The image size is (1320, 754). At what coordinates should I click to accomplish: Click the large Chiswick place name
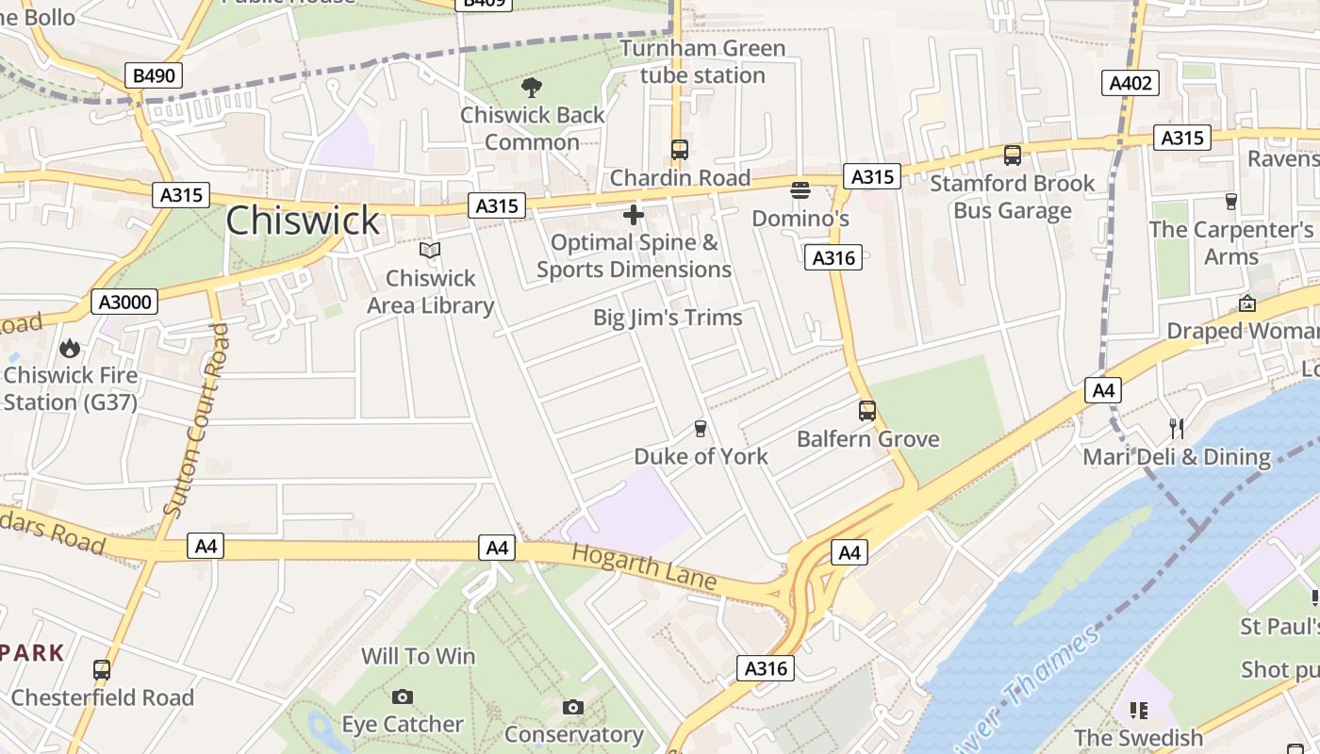tap(303, 221)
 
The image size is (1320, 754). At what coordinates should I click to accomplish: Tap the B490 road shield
tap(153, 75)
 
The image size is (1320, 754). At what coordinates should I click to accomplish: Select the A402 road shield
tap(1130, 83)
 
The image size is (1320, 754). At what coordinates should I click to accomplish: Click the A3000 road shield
tap(124, 302)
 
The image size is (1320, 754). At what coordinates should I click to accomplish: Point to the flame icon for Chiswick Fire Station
tap(70, 348)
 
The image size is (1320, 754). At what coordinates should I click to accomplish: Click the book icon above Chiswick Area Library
tap(430, 251)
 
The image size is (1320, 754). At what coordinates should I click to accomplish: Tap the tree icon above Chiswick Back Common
tap(532, 88)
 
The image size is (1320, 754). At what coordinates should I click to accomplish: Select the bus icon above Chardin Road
tap(679, 149)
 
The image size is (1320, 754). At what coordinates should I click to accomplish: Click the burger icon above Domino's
tap(800, 190)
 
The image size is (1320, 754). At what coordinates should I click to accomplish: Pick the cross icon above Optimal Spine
tap(634, 215)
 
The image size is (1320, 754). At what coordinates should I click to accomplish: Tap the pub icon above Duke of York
tap(700, 429)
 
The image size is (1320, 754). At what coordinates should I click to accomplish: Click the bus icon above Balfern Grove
tap(867, 411)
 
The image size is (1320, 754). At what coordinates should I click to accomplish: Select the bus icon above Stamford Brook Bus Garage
tap(1013, 155)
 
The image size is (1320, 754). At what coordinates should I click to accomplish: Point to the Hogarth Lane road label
tap(644, 566)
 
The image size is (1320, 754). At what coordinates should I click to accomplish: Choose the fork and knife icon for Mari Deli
tap(1177, 429)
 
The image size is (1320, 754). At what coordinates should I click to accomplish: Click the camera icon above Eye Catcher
tap(403, 697)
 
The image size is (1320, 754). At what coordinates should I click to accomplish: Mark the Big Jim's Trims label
tap(668, 318)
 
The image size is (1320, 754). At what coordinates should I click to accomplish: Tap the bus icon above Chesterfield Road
tap(102, 670)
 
